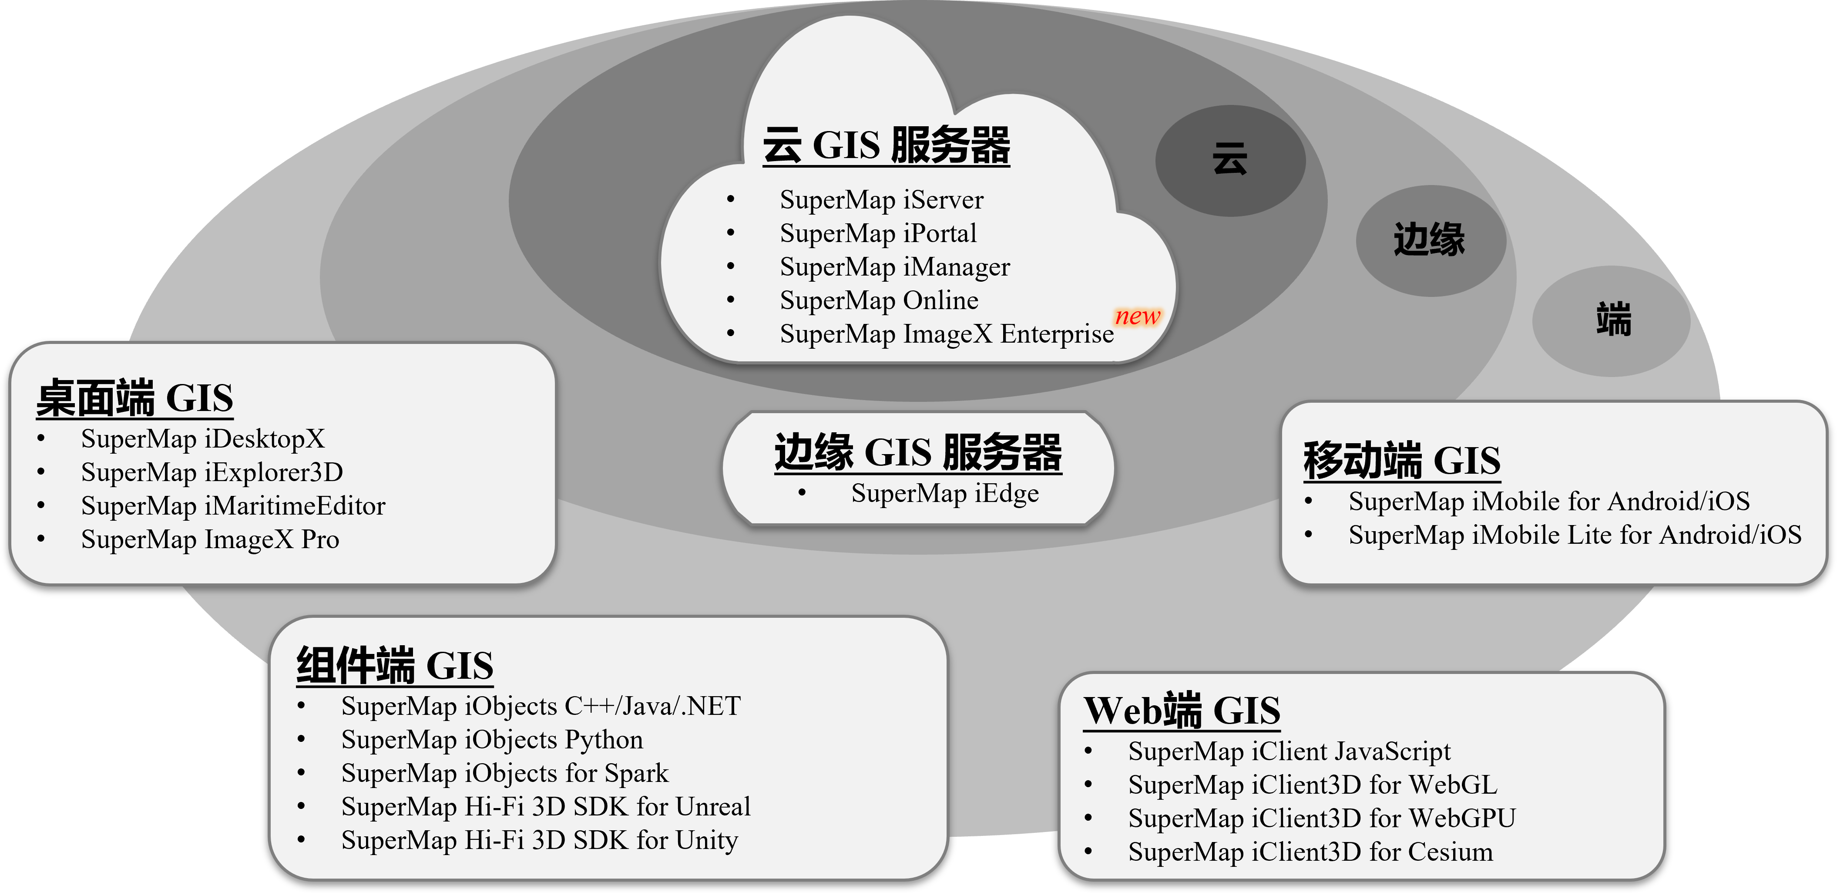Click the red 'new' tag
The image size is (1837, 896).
(x=1138, y=316)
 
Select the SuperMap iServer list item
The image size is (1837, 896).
(x=881, y=200)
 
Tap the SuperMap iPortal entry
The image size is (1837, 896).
(x=878, y=233)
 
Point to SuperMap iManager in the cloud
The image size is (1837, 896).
(x=895, y=267)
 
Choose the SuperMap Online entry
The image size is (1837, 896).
(x=879, y=300)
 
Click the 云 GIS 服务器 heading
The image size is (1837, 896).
(x=887, y=145)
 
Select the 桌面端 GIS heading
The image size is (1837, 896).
(x=135, y=397)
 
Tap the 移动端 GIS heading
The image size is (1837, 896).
(x=1402, y=460)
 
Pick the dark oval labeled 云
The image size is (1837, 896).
(x=1230, y=161)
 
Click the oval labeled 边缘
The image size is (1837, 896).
(x=1431, y=240)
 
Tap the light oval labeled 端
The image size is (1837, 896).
(x=1611, y=321)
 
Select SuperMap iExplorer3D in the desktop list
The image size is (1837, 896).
(x=212, y=472)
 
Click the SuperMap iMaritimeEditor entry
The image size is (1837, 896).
(x=233, y=506)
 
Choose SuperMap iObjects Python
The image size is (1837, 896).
(x=492, y=740)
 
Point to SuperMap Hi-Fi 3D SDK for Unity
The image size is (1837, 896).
(x=539, y=840)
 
